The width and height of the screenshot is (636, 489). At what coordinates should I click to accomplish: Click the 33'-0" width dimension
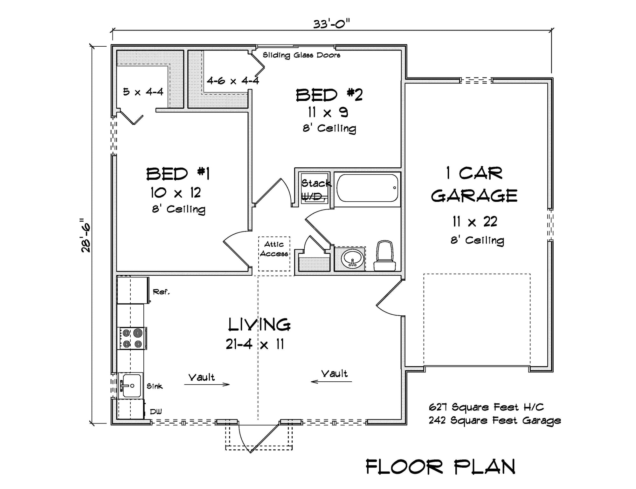point(331,24)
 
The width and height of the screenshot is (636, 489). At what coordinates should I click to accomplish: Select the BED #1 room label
point(178,174)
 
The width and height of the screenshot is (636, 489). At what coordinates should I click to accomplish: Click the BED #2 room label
point(329,95)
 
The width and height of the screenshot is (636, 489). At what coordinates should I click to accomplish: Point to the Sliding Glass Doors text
point(301,55)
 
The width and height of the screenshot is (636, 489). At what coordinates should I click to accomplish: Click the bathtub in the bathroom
point(367,188)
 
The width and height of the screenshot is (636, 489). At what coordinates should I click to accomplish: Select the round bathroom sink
point(352,259)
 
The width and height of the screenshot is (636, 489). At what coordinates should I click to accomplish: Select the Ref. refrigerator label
point(161,292)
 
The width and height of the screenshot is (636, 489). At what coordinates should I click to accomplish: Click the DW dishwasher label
point(156,412)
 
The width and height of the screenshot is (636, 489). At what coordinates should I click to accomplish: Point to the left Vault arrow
point(207,384)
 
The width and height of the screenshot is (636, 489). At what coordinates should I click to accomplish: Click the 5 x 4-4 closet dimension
point(143,92)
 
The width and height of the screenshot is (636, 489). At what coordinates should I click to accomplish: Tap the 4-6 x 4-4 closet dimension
point(233,81)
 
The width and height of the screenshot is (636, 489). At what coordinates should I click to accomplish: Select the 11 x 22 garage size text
point(475,222)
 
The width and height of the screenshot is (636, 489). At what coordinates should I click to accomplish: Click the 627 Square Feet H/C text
point(486,407)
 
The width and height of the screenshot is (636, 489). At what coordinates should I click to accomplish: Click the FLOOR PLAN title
point(440,467)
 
